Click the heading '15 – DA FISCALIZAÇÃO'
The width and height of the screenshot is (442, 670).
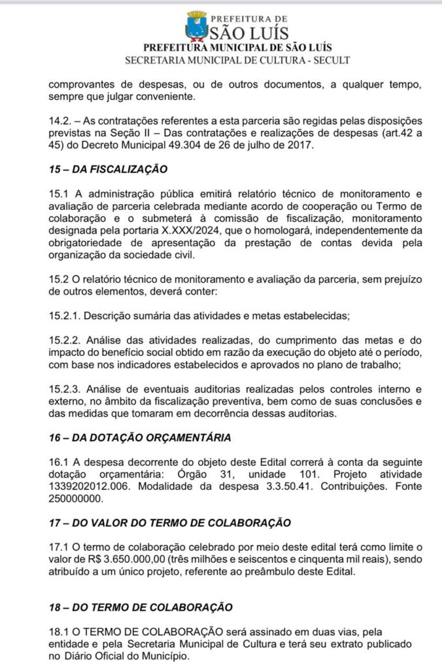(x=109, y=169)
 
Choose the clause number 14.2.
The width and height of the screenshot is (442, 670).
(x=60, y=121)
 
